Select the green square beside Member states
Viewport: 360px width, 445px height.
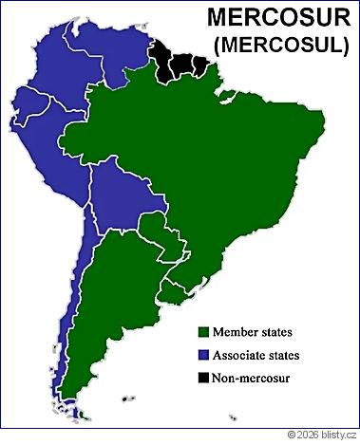pos(202,332)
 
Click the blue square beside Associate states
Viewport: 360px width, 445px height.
pos(202,355)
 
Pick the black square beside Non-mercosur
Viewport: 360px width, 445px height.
pos(202,379)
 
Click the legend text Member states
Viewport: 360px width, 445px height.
pos(252,332)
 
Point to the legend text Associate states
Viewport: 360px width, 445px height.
pos(256,355)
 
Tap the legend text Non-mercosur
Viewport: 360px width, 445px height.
pos(252,379)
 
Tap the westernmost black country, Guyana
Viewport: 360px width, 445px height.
pos(161,65)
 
